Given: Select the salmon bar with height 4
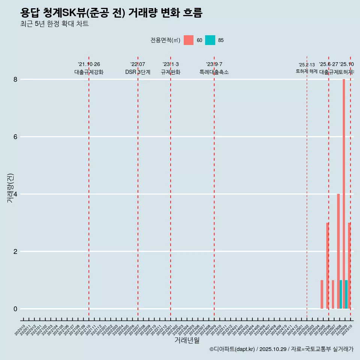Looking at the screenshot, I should pos(338,251).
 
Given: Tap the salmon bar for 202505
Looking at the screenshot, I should pos(322,294).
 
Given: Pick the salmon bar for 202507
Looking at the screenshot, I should pos(333,294).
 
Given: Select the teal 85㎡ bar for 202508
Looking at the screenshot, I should pos(341,294).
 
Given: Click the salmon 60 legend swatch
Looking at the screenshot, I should pos(189,40).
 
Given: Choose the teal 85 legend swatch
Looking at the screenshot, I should pos(210,40).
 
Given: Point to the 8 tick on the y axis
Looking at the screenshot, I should pos(15,79).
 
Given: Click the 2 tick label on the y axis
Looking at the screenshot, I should pos(15,251).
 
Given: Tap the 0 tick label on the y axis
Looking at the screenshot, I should pos(15,309).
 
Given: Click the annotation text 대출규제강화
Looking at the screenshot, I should pos(89,72).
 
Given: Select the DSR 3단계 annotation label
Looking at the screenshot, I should pos(138,72).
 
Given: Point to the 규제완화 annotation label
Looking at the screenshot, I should pos(171,72).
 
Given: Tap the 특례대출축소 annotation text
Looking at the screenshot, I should pos(214,72).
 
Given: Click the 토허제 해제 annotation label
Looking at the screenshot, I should pos(306,71).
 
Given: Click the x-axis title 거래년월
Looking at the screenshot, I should pos(187,340).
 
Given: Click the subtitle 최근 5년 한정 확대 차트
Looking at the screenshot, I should pos(55,24).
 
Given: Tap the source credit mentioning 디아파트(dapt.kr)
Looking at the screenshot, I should pos(281,349).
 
